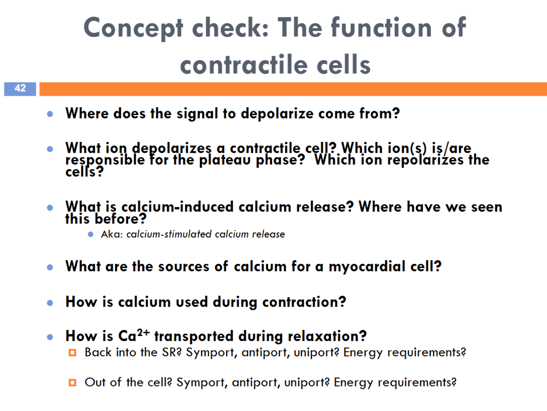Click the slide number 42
tap(20, 88)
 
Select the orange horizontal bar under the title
tap(293, 89)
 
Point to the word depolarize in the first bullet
tap(277, 114)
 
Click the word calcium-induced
tap(177, 207)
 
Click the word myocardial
tap(367, 267)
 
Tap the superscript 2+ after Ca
tap(143, 333)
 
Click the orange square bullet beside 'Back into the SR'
tap(72, 353)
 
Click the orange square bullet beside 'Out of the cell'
tap(72, 383)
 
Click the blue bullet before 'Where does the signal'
tap(50, 114)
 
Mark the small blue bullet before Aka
tap(91, 234)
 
